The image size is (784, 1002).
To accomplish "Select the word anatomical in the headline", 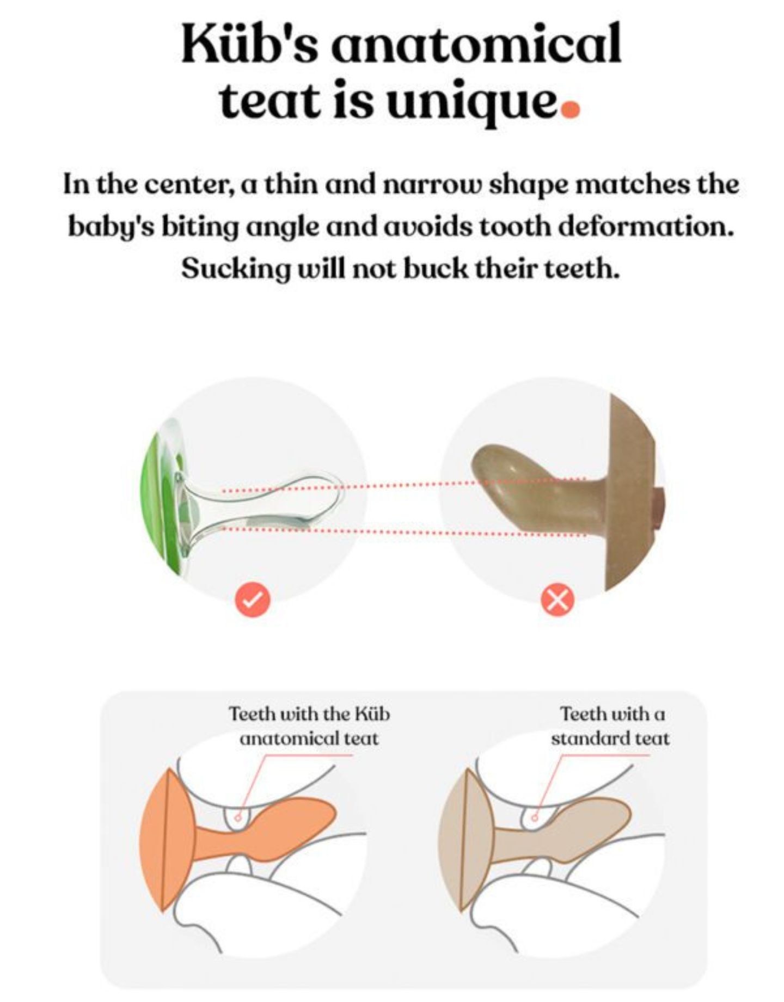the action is (476, 43).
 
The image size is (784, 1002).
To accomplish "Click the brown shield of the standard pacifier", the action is (632, 490).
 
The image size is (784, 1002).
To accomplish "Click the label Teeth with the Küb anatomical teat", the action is (309, 726).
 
